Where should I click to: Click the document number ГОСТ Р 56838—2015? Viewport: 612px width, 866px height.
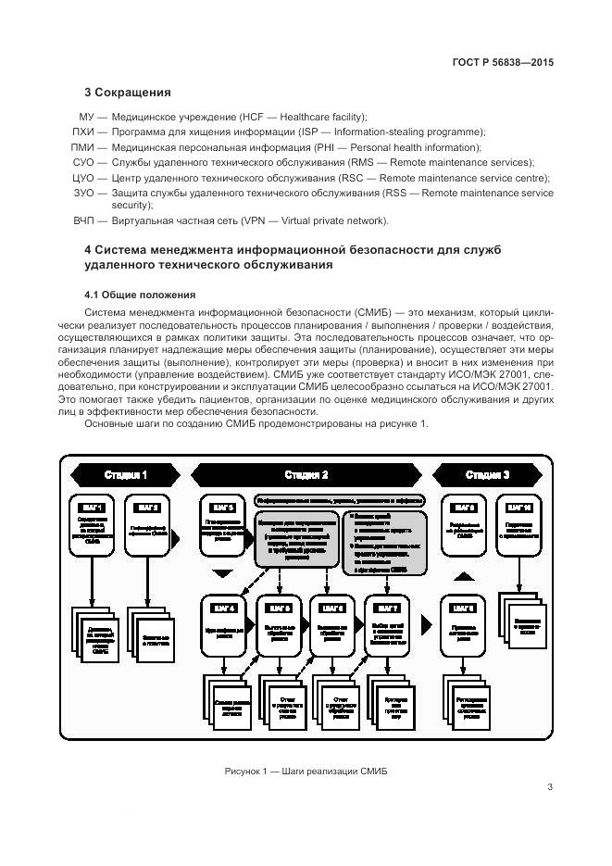pyautogui.click(x=503, y=62)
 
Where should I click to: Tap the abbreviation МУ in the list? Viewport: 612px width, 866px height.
pyautogui.click(x=87, y=117)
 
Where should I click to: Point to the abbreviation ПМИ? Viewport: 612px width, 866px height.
pyautogui.click(x=84, y=146)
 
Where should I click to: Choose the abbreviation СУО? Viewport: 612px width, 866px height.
pyautogui.click(x=84, y=162)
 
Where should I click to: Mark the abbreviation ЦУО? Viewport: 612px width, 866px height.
pyautogui.click(x=84, y=177)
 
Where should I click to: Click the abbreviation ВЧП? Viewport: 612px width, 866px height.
pyautogui.click(x=84, y=220)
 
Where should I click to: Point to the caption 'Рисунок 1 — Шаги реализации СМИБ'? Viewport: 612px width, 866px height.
pyautogui.click(x=306, y=772)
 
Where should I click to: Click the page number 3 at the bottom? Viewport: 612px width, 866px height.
pyautogui.click(x=549, y=788)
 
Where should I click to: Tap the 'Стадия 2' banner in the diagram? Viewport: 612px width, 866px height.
pyautogui.click(x=306, y=475)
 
